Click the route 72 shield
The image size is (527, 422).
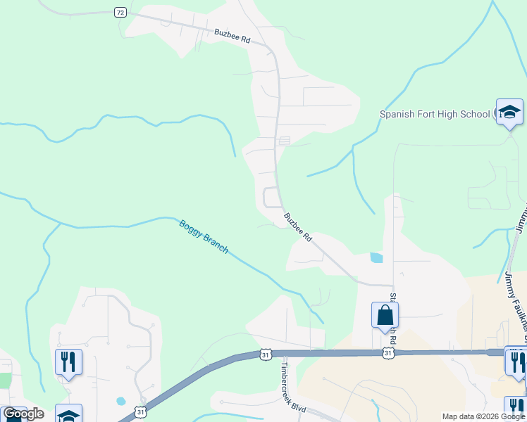tap(120, 13)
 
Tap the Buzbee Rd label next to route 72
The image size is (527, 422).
tap(232, 35)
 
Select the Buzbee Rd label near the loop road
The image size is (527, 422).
tap(298, 227)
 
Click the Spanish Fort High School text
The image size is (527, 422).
tap(435, 114)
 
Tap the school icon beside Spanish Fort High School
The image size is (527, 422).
tap(509, 112)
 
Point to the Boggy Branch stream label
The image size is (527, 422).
tap(204, 236)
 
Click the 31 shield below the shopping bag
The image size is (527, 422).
tap(388, 353)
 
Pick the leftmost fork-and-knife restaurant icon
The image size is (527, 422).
tap(68, 362)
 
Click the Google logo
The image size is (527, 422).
tap(23, 414)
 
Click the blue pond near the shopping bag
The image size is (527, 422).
tap(376, 258)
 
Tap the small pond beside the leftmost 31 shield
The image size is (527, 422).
tap(120, 401)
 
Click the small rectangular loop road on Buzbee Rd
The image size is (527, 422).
tap(271, 198)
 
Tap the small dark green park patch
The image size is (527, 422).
tap(6, 381)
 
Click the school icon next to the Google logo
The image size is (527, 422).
tap(68, 414)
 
